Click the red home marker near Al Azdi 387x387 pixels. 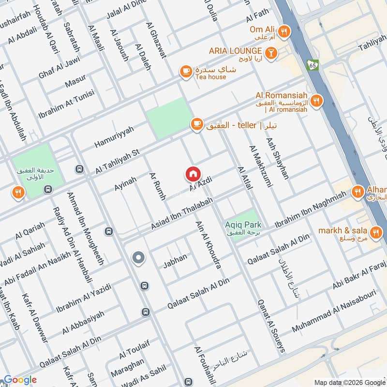coord(193,173)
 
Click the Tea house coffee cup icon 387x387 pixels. coord(185,72)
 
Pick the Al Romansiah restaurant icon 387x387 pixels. coord(316,101)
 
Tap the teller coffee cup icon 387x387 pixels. coord(195,125)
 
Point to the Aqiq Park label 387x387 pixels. coord(243,224)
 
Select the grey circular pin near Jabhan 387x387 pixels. coord(139,258)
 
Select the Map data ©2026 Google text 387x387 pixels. coord(349,382)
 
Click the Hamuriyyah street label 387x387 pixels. coord(114,135)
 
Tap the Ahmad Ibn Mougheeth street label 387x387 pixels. coord(86,227)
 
